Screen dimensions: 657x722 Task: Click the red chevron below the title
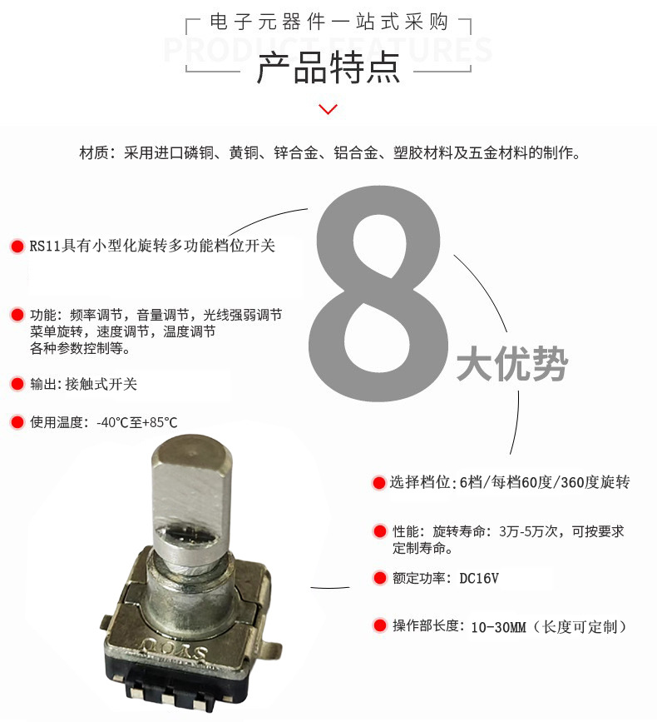(328, 109)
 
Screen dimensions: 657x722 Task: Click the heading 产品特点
(328, 68)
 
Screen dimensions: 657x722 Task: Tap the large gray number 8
(378, 293)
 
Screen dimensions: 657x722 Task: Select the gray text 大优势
(512, 364)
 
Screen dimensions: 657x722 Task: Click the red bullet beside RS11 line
(17, 246)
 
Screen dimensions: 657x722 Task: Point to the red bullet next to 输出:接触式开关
(17, 384)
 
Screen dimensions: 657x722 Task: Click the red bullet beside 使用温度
(17, 421)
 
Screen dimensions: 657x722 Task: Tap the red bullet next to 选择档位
(378, 482)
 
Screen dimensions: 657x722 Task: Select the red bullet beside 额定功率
(380, 578)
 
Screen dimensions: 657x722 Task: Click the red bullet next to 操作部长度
(380, 625)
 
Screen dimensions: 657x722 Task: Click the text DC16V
(479, 578)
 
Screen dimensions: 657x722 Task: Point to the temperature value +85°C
(161, 422)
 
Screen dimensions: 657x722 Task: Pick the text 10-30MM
(498, 627)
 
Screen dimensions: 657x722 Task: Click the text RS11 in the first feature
(45, 246)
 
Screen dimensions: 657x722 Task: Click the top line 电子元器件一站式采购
(328, 22)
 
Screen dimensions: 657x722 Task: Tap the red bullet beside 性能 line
(380, 531)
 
